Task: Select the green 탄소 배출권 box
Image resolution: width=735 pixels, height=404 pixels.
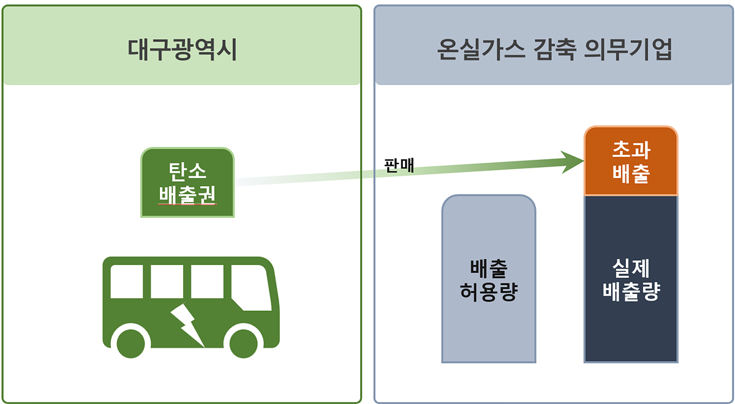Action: [187, 182]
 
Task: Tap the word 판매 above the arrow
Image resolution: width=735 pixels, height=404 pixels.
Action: [399, 165]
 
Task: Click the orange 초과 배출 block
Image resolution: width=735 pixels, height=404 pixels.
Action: [631, 162]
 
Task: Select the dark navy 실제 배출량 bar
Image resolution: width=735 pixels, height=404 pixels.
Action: [631, 279]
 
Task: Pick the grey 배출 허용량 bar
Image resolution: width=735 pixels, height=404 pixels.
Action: [489, 279]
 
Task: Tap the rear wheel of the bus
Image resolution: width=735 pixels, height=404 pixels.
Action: [130, 343]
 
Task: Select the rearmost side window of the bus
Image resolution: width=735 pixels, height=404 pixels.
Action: [127, 281]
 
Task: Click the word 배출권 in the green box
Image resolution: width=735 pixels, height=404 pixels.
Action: [187, 194]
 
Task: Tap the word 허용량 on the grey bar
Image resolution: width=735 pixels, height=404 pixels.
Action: [489, 292]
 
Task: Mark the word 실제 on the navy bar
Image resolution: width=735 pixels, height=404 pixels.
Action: [631, 267]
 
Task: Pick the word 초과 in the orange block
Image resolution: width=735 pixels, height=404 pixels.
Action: [631, 150]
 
